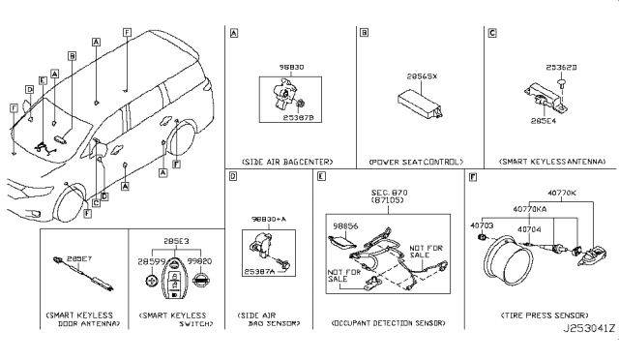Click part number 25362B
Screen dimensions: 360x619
(x=562, y=69)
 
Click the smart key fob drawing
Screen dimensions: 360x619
(x=175, y=292)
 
